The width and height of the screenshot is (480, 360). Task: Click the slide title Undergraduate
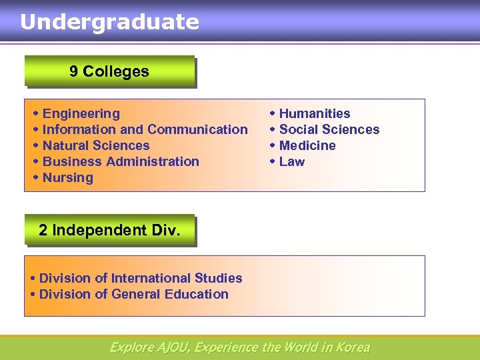click(x=109, y=22)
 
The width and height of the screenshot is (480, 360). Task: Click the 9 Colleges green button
click(x=109, y=71)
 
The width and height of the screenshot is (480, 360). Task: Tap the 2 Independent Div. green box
click(x=109, y=230)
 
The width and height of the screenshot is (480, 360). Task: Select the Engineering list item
click(x=81, y=114)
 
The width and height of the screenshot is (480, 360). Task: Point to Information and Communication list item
click(x=145, y=130)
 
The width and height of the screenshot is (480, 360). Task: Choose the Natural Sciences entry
click(x=96, y=146)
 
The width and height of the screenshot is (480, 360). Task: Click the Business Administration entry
click(x=121, y=162)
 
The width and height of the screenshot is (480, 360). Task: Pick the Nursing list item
click(x=68, y=178)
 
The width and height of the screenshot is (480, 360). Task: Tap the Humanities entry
click(x=315, y=114)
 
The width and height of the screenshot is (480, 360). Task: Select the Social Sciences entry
click(x=329, y=130)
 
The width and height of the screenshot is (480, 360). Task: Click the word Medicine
click(x=307, y=146)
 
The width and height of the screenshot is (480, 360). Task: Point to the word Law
click(x=292, y=162)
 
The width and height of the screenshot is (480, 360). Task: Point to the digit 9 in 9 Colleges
click(x=73, y=71)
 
